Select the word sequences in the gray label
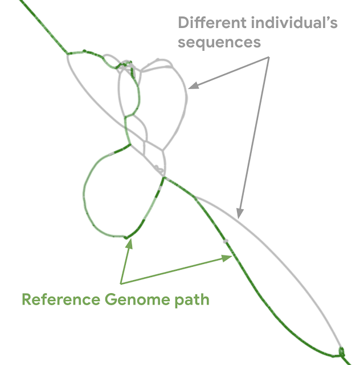(x=219, y=42)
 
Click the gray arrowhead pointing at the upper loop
(x=191, y=87)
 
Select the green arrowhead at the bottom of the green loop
(x=130, y=242)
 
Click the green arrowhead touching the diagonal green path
(x=228, y=258)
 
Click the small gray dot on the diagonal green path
(x=226, y=241)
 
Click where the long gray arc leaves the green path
(x=194, y=197)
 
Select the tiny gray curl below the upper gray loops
(x=159, y=169)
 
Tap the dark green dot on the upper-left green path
(x=85, y=51)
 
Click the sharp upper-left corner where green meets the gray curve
(x=68, y=54)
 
